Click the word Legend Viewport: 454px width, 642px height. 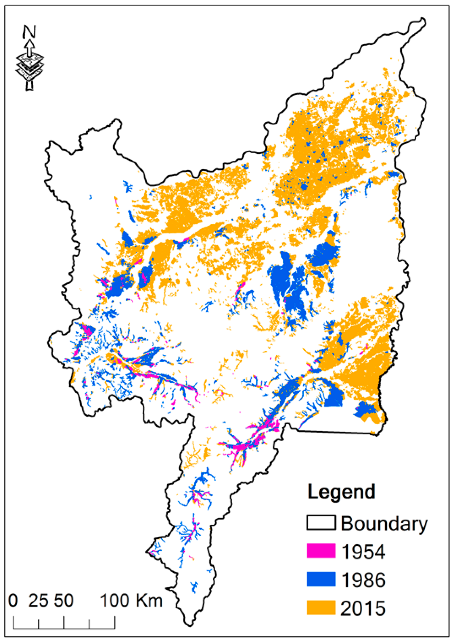tap(341, 492)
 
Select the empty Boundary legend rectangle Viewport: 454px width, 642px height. tap(321, 522)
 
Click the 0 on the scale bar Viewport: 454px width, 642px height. tap(13, 601)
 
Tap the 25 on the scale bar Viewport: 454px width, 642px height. tap(38, 601)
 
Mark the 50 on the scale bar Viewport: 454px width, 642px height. tap(64, 601)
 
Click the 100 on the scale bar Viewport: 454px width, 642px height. tap(114, 601)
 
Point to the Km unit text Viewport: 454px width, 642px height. tap(149, 601)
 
